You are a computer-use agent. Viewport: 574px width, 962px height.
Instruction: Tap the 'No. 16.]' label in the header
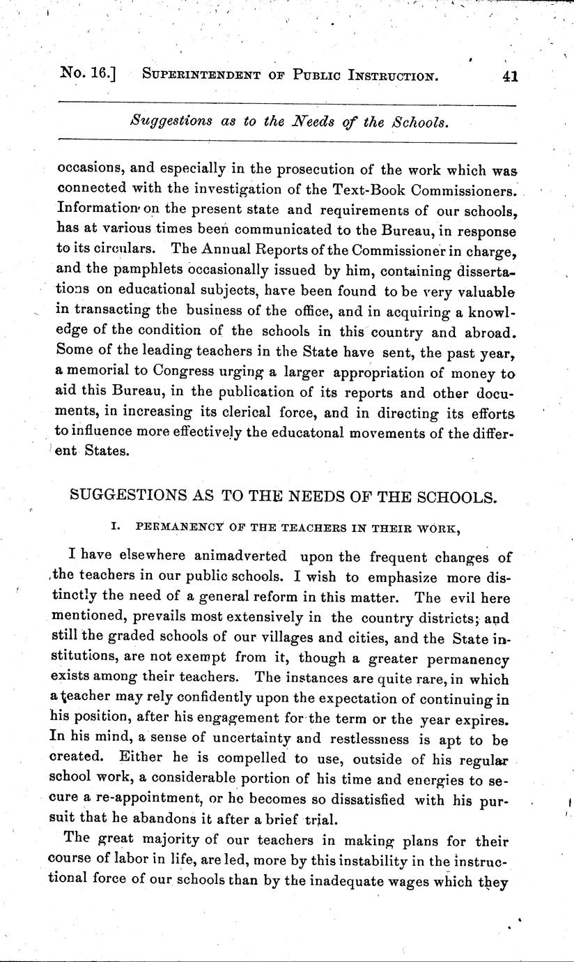87,75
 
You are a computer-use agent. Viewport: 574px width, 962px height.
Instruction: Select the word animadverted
231,556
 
